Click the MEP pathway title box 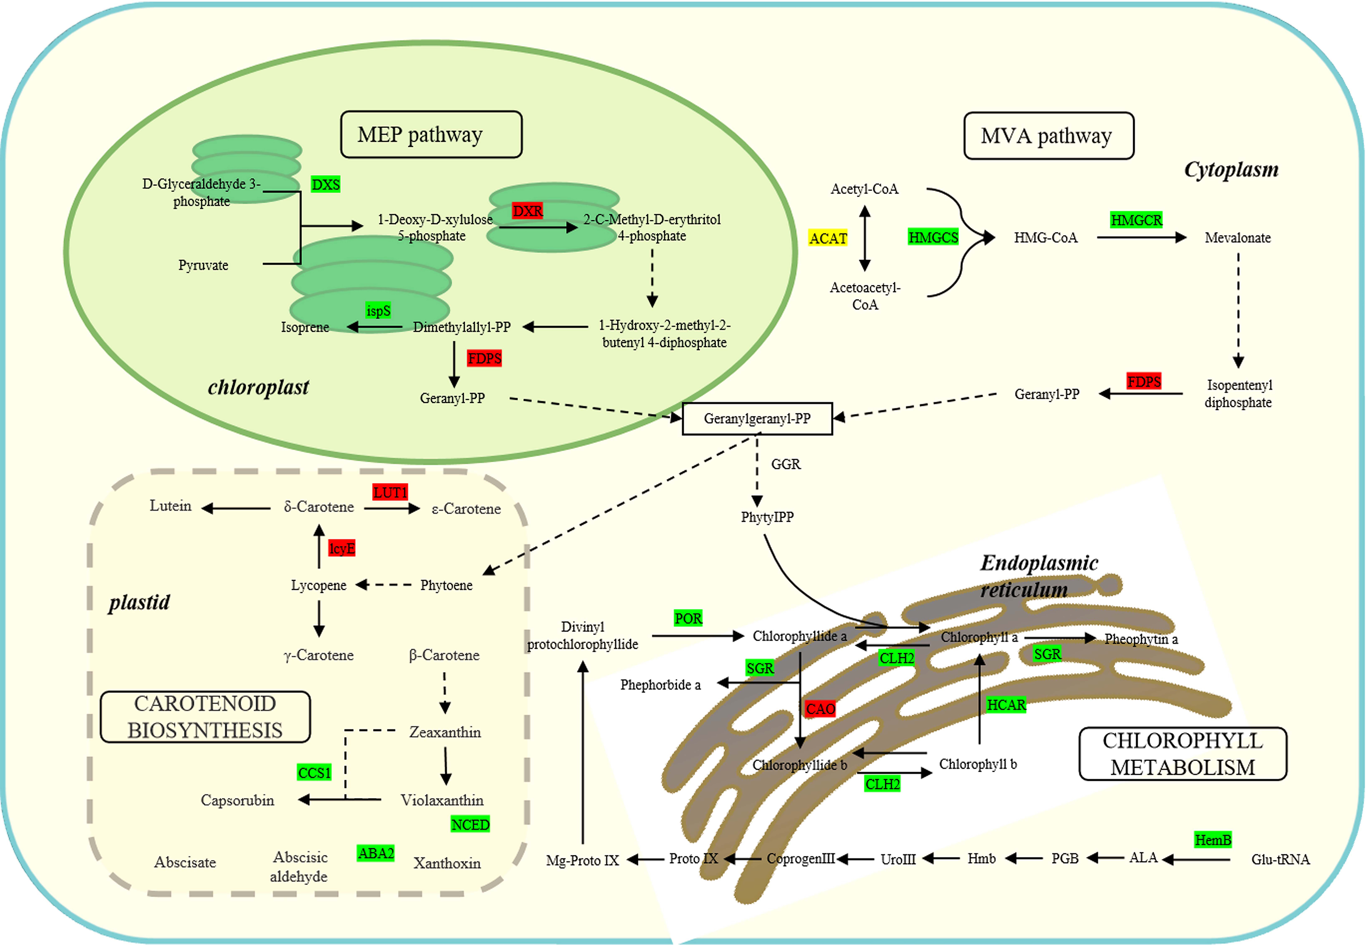(x=431, y=134)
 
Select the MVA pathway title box (x=1048, y=136)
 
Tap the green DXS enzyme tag (x=325, y=185)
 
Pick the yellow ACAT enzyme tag (x=828, y=238)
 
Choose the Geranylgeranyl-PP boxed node (x=757, y=419)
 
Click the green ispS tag (x=378, y=310)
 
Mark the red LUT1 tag (x=390, y=492)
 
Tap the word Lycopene (x=318, y=585)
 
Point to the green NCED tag (x=470, y=824)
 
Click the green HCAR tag (x=1006, y=705)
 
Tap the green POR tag (x=688, y=618)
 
